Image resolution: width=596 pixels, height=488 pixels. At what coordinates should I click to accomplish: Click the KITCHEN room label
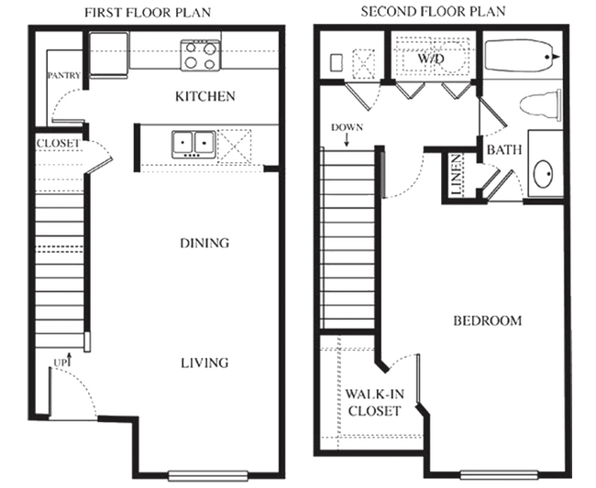205,96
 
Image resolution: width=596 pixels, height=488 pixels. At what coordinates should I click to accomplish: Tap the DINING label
204,243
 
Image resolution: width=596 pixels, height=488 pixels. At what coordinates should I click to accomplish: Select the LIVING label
204,363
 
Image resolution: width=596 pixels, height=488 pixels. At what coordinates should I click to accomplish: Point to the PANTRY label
64,75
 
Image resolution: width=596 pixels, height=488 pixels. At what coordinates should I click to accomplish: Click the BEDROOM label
487,321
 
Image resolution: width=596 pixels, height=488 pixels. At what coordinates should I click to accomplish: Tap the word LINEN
457,175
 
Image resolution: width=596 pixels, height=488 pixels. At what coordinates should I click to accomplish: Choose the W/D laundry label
431,59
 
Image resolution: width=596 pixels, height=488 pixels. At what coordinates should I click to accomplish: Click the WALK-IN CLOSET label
374,403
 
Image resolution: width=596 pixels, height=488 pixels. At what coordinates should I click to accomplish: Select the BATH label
504,150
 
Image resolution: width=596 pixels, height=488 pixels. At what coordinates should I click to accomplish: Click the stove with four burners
200,56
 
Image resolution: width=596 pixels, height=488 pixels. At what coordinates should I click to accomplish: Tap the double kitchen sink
193,145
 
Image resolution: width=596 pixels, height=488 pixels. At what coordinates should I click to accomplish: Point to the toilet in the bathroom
540,105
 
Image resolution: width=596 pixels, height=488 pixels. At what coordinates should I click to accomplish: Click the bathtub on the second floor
519,56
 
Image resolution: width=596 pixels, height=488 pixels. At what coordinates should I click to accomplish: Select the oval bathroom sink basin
543,174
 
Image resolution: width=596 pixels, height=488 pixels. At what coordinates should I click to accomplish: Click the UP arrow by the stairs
69,360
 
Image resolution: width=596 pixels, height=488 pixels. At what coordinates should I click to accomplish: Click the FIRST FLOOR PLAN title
148,13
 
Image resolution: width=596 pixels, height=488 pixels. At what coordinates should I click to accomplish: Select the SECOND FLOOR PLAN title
433,12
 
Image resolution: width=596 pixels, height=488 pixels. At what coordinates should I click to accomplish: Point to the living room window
208,475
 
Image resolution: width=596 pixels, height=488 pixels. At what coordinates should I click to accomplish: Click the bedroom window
499,474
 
